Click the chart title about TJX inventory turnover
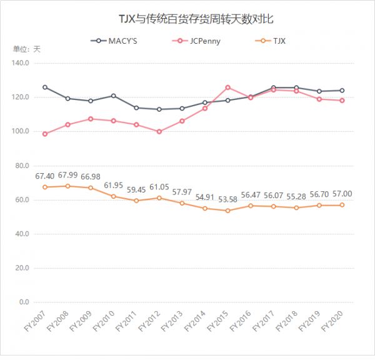click(187, 19)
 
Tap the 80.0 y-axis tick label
click(22, 166)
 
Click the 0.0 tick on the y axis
click(24, 302)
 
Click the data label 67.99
click(67, 176)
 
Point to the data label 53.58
click(227, 200)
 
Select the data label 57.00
click(342, 194)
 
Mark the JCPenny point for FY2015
click(227, 87)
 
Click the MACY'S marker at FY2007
click(44, 87)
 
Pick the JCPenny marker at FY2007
click(44, 134)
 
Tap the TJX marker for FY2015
click(227, 211)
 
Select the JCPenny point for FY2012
click(159, 131)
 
